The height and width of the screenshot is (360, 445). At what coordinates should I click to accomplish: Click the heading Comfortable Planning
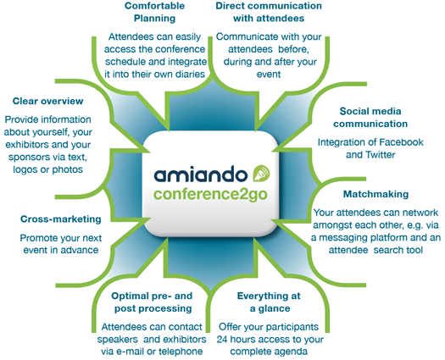pyautogui.click(x=154, y=12)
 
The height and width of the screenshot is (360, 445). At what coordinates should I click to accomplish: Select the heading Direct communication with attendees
pyautogui.click(x=269, y=12)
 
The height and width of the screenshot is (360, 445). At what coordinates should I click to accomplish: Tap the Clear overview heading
pyautogui.click(x=48, y=101)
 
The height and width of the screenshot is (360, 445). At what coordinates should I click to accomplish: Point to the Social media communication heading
pyautogui.click(x=370, y=118)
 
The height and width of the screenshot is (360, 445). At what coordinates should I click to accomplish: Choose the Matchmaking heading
pyautogui.click(x=375, y=194)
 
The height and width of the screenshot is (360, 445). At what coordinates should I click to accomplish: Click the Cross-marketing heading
pyautogui.click(x=61, y=219)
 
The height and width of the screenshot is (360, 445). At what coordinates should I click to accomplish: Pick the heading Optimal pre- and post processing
pyautogui.click(x=152, y=302)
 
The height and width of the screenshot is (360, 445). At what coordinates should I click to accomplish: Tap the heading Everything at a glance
pyautogui.click(x=269, y=302)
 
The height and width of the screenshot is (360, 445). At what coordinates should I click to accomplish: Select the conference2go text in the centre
pyautogui.click(x=210, y=194)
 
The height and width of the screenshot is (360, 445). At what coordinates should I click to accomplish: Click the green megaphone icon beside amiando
pyautogui.click(x=261, y=173)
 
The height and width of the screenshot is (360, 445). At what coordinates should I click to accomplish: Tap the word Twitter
pyautogui.click(x=381, y=155)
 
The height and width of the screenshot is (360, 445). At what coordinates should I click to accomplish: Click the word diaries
pyautogui.click(x=190, y=74)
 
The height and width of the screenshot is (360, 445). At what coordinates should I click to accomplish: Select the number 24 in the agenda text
pyautogui.click(x=222, y=340)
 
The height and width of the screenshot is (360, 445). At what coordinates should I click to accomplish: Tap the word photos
pyautogui.click(x=68, y=169)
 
